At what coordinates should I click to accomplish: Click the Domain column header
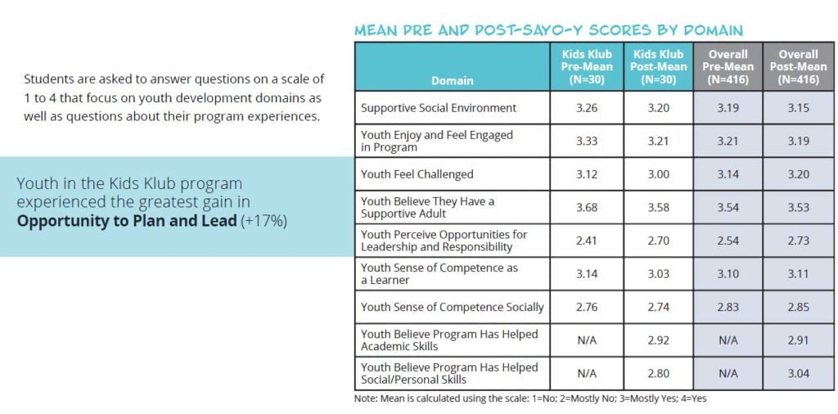(x=452, y=81)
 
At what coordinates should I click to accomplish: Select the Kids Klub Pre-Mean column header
(x=587, y=67)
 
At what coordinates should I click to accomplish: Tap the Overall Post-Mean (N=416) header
(x=799, y=67)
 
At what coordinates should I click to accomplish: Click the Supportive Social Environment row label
(x=439, y=108)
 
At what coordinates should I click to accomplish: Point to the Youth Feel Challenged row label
(x=417, y=174)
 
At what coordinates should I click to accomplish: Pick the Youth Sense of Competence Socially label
(x=452, y=307)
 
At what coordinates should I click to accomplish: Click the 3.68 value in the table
(x=587, y=207)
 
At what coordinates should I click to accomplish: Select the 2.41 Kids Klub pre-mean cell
(x=587, y=241)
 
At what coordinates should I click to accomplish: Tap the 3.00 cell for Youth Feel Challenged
(x=659, y=174)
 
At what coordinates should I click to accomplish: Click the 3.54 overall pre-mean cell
(x=728, y=207)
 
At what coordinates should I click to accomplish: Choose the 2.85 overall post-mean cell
(x=799, y=307)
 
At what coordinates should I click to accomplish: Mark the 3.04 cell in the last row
(x=799, y=373)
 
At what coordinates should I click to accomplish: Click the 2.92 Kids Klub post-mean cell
(x=659, y=340)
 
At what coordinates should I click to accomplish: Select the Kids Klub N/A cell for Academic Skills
(x=587, y=340)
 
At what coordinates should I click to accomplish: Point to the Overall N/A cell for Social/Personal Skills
(x=728, y=373)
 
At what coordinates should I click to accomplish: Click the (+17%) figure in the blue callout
(x=264, y=221)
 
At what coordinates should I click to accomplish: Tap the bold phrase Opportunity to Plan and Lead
(x=127, y=221)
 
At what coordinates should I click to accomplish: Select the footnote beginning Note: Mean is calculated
(x=530, y=398)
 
